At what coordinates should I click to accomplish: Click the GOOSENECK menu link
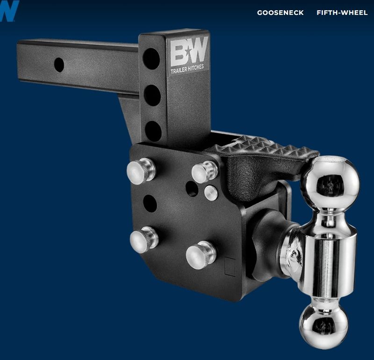point(280,13)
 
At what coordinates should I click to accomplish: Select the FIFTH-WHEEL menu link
point(342,13)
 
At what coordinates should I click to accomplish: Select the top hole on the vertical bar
point(151,59)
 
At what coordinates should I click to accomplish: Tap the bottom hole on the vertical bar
point(153,131)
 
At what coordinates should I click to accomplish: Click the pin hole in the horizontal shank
point(59,65)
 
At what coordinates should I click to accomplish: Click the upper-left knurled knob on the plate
point(141,169)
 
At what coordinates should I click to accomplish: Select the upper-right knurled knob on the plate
point(205,172)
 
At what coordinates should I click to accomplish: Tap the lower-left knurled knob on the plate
point(144,239)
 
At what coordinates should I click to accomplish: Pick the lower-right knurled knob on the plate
point(201,255)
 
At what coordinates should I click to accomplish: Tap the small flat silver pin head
point(211,192)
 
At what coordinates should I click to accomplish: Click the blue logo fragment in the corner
point(8,10)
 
